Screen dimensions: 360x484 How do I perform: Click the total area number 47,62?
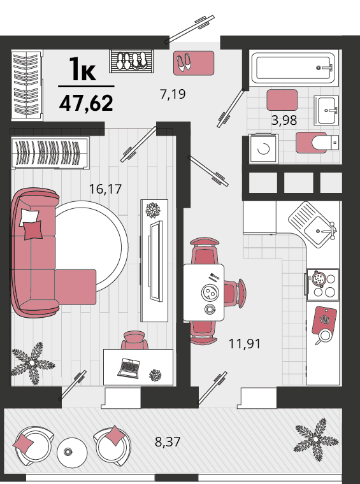click(x=86, y=103)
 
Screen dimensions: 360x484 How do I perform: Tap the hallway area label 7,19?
click(x=173, y=94)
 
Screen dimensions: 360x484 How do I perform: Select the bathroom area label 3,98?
click(x=284, y=120)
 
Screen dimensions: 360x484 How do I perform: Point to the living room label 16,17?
click(x=105, y=189)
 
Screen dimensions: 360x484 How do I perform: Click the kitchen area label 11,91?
click(x=245, y=343)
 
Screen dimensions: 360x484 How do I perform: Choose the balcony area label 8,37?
click(x=168, y=442)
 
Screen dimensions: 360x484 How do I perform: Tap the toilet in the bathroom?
click(x=325, y=142)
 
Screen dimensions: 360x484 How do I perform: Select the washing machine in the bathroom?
click(x=263, y=149)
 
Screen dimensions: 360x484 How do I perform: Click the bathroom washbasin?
click(x=327, y=110)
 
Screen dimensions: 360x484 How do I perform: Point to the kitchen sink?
click(x=313, y=224)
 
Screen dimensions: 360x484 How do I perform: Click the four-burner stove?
click(x=322, y=285)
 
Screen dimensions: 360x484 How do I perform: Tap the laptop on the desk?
click(x=128, y=368)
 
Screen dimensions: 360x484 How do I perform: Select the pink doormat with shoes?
click(x=194, y=63)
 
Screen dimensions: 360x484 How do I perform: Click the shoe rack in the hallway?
click(x=131, y=61)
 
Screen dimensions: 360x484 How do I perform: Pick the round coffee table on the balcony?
click(x=72, y=453)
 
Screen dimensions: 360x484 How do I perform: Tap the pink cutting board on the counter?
click(x=324, y=320)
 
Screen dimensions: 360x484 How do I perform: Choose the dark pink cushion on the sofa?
click(x=33, y=230)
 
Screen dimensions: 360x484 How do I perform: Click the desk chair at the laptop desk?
click(x=134, y=340)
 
